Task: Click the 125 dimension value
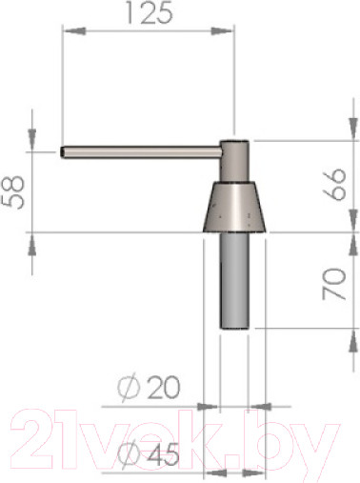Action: (x=150, y=12)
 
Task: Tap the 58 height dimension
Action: (x=13, y=192)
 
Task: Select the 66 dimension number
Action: (x=334, y=184)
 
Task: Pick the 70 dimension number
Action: (x=333, y=284)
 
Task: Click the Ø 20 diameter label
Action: (x=149, y=388)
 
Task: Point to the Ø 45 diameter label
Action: (x=149, y=453)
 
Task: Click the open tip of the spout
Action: (x=62, y=152)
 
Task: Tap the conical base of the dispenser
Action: (x=235, y=207)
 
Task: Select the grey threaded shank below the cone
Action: (x=234, y=281)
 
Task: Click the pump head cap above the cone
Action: (x=235, y=161)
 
